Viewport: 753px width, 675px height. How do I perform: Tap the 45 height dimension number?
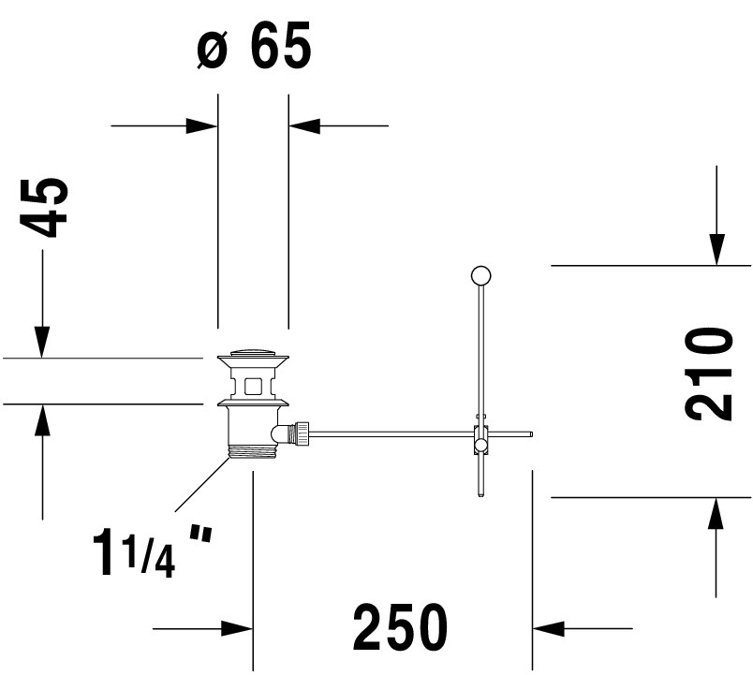click(x=44, y=208)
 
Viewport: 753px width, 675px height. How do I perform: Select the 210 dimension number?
click(x=708, y=374)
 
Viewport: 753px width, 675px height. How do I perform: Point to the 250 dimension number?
click(x=400, y=626)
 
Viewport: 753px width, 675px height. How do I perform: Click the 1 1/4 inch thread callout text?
click(x=153, y=551)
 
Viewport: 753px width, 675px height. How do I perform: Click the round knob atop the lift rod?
click(x=481, y=275)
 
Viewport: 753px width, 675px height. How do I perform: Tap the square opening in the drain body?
click(x=253, y=386)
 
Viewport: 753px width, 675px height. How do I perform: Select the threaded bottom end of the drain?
click(x=253, y=452)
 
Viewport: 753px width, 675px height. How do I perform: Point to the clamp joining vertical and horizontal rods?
click(x=480, y=439)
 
